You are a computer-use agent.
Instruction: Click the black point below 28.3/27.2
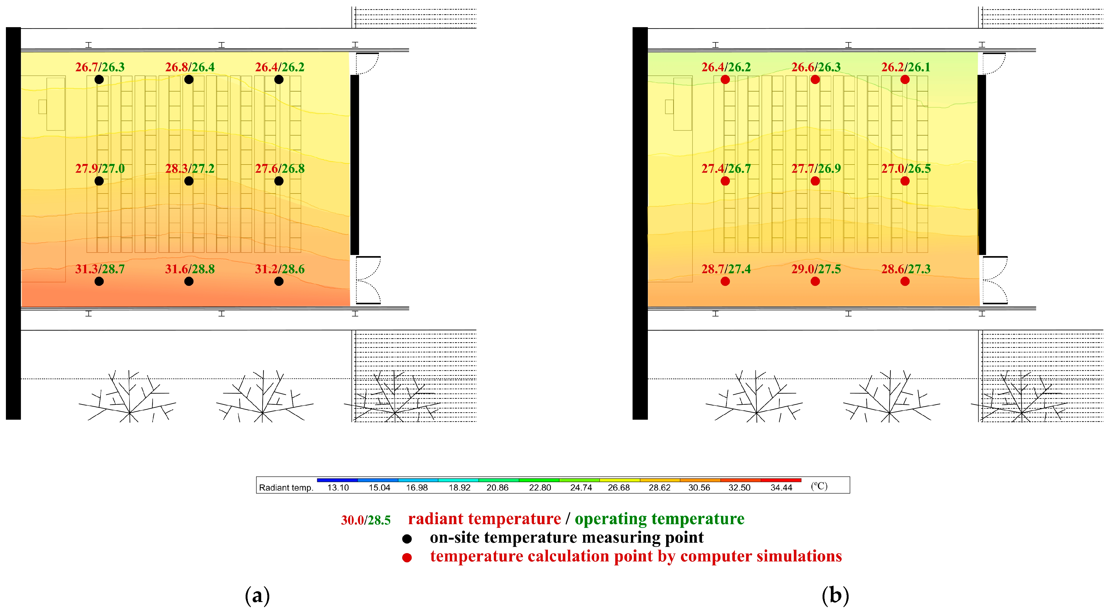(189, 181)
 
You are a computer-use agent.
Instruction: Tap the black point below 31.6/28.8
(189, 281)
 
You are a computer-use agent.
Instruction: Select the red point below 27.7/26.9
(815, 181)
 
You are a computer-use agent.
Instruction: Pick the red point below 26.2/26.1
(905, 79)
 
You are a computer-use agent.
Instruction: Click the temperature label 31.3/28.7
(100, 269)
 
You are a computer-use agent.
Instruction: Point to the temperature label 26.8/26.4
(190, 67)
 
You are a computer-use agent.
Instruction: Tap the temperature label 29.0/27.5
(816, 269)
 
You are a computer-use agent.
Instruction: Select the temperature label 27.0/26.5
(906, 169)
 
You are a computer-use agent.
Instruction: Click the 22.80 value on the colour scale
(540, 488)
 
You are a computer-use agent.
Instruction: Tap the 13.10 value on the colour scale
(338, 488)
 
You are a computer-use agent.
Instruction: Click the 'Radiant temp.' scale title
(286, 488)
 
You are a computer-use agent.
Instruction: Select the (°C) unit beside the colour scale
(819, 486)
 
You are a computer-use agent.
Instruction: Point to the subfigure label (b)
(835, 596)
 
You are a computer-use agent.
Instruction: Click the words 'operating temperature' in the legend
(659, 519)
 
